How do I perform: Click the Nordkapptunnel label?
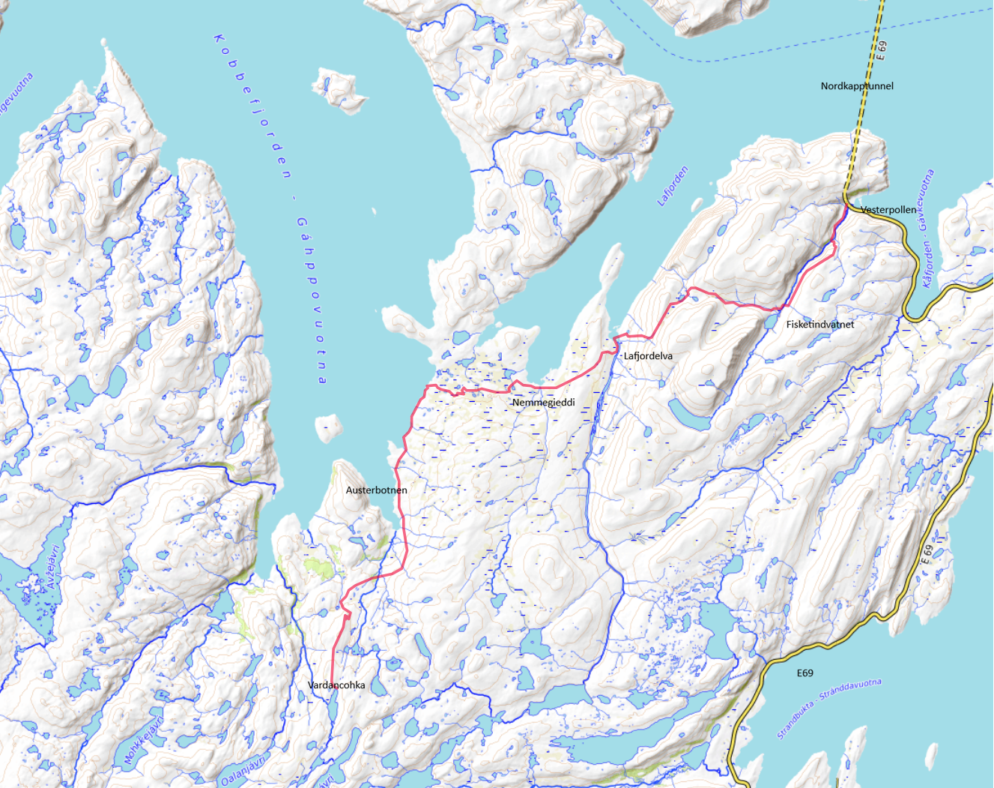[856, 86]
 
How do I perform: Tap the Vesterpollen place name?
[888, 210]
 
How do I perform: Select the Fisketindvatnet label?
[819, 325]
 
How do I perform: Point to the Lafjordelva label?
[648, 356]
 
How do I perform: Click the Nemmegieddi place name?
[543, 403]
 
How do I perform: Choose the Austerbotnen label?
[376, 490]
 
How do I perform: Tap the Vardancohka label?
[336, 685]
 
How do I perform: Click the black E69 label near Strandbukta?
[804, 673]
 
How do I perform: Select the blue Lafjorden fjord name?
[672, 187]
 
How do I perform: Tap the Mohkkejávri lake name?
[143, 741]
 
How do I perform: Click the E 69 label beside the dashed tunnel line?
[882, 50]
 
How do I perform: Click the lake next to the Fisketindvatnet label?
[771, 322]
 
